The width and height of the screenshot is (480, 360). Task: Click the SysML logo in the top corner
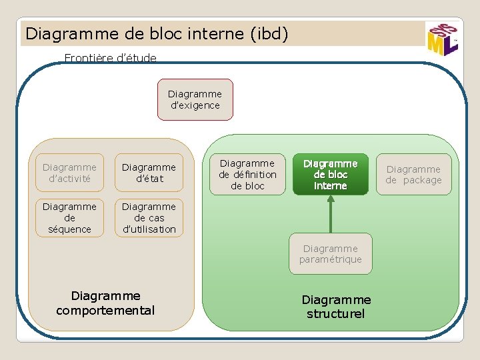[442, 39]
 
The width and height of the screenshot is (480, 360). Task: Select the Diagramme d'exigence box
[195, 100]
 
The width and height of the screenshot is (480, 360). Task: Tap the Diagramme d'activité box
[69, 173]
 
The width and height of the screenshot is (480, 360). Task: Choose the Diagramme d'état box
[149, 173]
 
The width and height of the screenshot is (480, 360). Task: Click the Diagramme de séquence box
[69, 218]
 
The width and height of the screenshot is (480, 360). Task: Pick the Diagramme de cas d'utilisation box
[149, 218]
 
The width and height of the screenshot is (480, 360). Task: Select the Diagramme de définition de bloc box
[247, 175]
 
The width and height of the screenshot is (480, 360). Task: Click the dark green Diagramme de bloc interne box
[330, 175]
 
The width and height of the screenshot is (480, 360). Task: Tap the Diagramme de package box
[413, 175]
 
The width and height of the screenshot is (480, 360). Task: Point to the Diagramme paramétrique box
[330, 254]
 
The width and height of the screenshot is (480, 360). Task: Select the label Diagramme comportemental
[105, 303]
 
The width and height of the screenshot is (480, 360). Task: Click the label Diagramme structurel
[336, 307]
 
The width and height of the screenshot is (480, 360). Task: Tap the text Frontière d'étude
[110, 58]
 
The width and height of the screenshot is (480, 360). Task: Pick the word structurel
[336, 314]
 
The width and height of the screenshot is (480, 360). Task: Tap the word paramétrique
[330, 259]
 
